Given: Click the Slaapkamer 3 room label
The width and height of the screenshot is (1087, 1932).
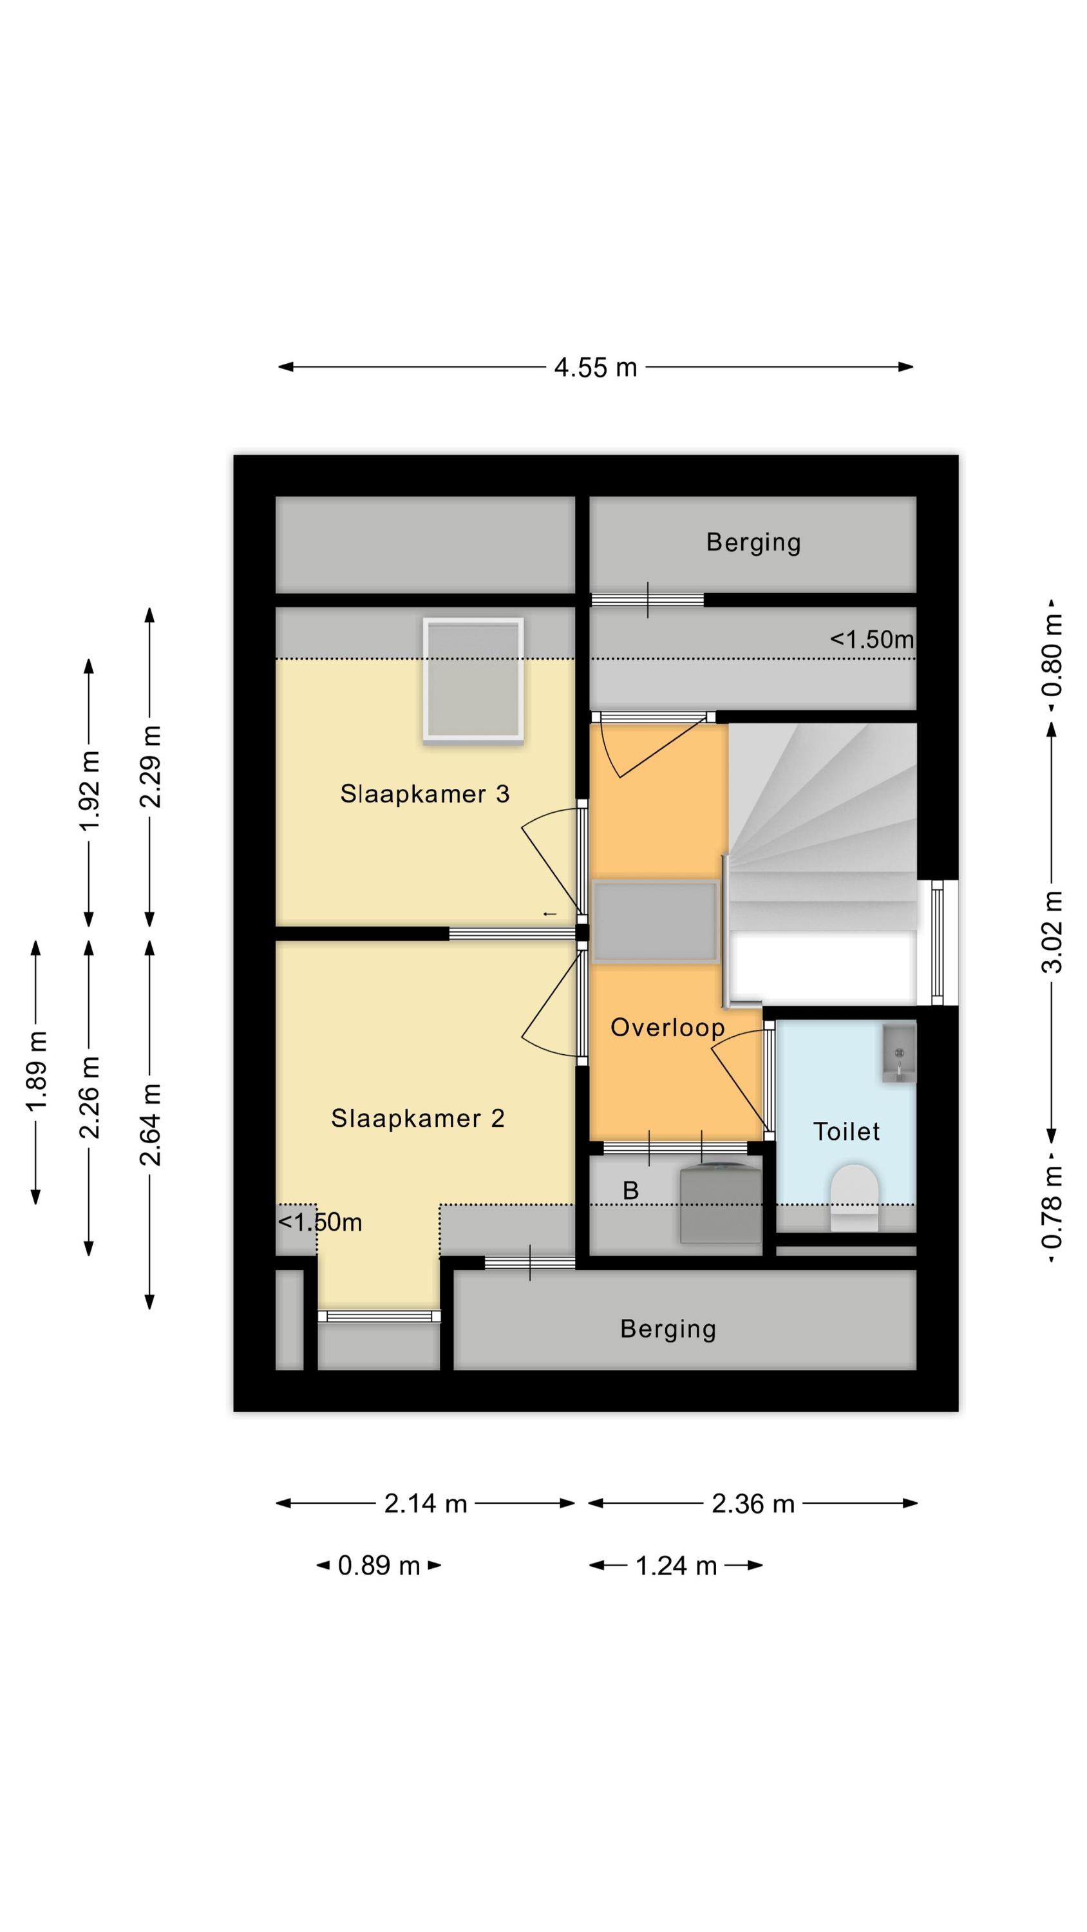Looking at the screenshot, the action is (x=424, y=793).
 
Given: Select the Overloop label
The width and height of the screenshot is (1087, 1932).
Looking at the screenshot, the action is (x=668, y=1027).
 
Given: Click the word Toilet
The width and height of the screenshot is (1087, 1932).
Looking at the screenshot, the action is (x=846, y=1131).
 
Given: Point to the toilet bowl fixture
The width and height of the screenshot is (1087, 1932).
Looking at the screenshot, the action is (x=854, y=1198).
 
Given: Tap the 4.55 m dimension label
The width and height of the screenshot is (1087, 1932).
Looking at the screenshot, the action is (x=596, y=368).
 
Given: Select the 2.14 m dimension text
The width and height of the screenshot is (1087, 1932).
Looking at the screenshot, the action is (x=426, y=1504).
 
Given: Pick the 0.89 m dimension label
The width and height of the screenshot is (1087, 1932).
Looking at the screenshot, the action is (x=379, y=1566).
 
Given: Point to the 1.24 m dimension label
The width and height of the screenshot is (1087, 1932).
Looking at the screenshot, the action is (x=676, y=1566).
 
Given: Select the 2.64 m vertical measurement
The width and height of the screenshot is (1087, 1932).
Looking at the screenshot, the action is (x=150, y=1125).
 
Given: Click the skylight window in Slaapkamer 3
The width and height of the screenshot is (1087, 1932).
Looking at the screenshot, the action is (x=473, y=681).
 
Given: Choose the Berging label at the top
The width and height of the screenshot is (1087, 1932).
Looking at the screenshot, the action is (x=753, y=542).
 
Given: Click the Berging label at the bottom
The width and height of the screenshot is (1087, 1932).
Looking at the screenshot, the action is (x=668, y=1329).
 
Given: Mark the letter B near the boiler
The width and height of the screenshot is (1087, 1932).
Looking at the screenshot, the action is (x=630, y=1190).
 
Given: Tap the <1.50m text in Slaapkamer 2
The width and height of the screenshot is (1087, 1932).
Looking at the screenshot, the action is (x=320, y=1222).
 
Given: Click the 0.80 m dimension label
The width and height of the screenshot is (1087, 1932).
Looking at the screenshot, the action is (x=1052, y=655).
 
